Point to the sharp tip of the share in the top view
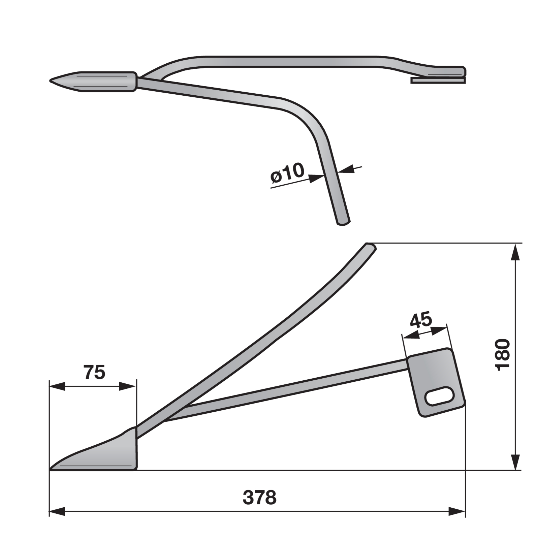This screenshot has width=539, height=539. pos(50,81)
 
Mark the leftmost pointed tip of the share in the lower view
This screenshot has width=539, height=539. pos(50,469)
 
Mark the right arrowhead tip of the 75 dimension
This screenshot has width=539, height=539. pos(136,386)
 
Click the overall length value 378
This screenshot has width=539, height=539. pos(259,498)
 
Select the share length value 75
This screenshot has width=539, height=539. pos(94,372)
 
